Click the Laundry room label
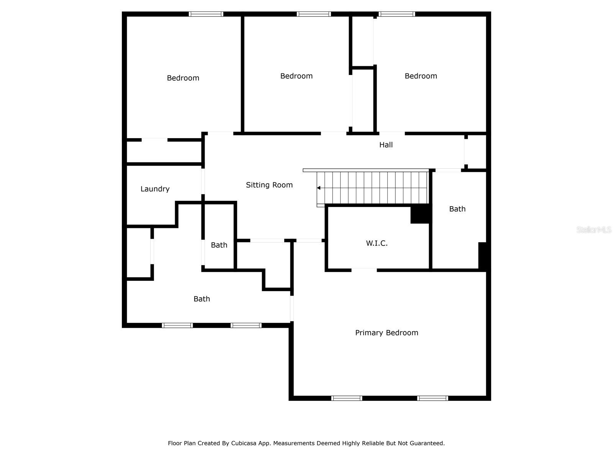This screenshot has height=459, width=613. [x=155, y=189]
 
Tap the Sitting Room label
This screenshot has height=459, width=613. [x=269, y=185]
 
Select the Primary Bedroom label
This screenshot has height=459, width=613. [x=387, y=333]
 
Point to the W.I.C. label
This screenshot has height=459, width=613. [x=377, y=243]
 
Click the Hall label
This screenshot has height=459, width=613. [x=386, y=145]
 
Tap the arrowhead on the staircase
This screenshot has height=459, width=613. [x=319, y=188]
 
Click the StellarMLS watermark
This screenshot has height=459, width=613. [x=594, y=230]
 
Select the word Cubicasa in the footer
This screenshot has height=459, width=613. [x=243, y=443]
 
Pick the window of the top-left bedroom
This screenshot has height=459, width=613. [x=206, y=14]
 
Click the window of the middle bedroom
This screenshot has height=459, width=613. [x=314, y=14]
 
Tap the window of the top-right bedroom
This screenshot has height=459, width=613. [x=397, y=14]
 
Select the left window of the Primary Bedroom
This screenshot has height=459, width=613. [x=346, y=398]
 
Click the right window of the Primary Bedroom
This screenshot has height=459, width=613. [x=433, y=398]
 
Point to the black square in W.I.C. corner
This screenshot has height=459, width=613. [x=420, y=214]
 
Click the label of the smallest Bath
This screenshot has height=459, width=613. [x=219, y=245]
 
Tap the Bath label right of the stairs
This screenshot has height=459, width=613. [x=457, y=209]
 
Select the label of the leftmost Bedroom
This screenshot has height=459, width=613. [x=183, y=78]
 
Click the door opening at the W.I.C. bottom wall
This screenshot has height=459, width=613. [x=364, y=270]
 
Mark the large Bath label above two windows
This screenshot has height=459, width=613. [x=202, y=299]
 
